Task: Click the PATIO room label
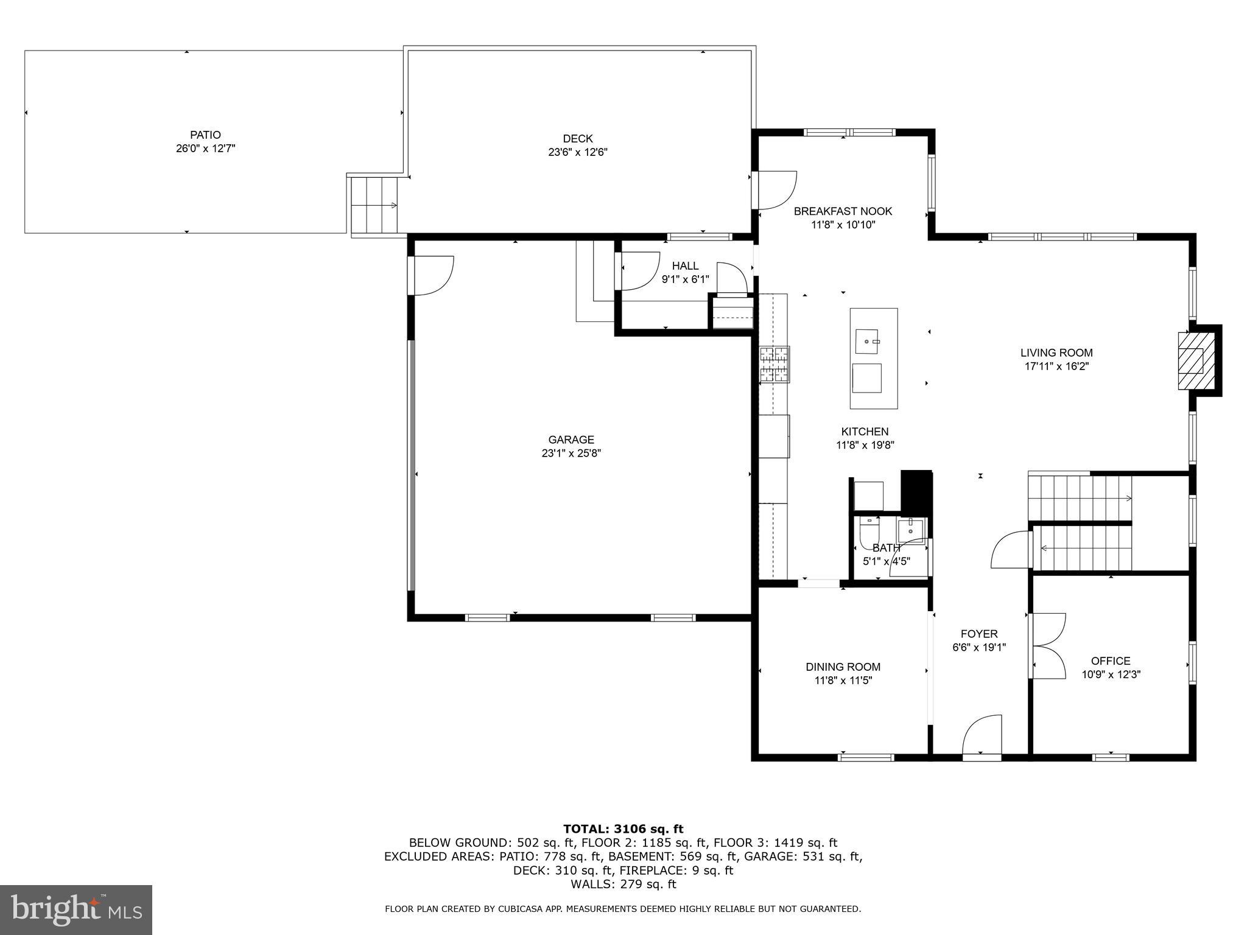tap(205, 135)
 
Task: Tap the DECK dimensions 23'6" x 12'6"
tap(577, 152)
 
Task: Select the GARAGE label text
tap(571, 439)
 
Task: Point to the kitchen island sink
tap(867, 341)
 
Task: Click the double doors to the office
tap(1047, 646)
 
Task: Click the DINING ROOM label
tap(843, 667)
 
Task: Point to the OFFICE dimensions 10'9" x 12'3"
tap(1111, 674)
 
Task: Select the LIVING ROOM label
tap(1056, 352)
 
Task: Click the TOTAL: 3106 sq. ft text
tap(623, 828)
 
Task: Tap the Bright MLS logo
tap(76, 909)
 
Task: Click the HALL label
tap(685, 266)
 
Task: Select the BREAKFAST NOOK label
tap(843, 211)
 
